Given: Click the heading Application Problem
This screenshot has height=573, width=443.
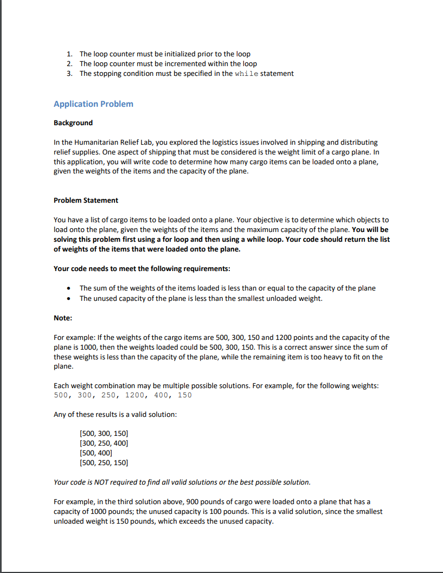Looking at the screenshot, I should click(93, 104).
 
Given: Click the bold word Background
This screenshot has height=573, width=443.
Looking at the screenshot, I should click(73, 123).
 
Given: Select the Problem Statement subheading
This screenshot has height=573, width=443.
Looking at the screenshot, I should click(86, 200).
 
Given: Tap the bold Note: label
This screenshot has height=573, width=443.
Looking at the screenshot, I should click(63, 317).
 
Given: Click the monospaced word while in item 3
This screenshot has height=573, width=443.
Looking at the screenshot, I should click(247, 74).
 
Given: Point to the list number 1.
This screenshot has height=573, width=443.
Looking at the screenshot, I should click(69, 54).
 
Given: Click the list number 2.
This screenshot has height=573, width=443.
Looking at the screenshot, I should click(69, 64).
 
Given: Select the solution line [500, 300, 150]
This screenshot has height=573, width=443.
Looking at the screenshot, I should click(104, 434).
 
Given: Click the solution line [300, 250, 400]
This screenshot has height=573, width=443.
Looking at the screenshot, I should click(104, 443).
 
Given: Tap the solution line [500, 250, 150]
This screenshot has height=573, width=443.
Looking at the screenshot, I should click(104, 462).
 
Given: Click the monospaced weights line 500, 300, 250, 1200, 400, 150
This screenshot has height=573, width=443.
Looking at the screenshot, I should click(123, 395).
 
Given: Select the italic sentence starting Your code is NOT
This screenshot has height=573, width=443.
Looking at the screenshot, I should click(182, 482).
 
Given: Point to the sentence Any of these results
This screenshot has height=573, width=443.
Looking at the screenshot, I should click(115, 415).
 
